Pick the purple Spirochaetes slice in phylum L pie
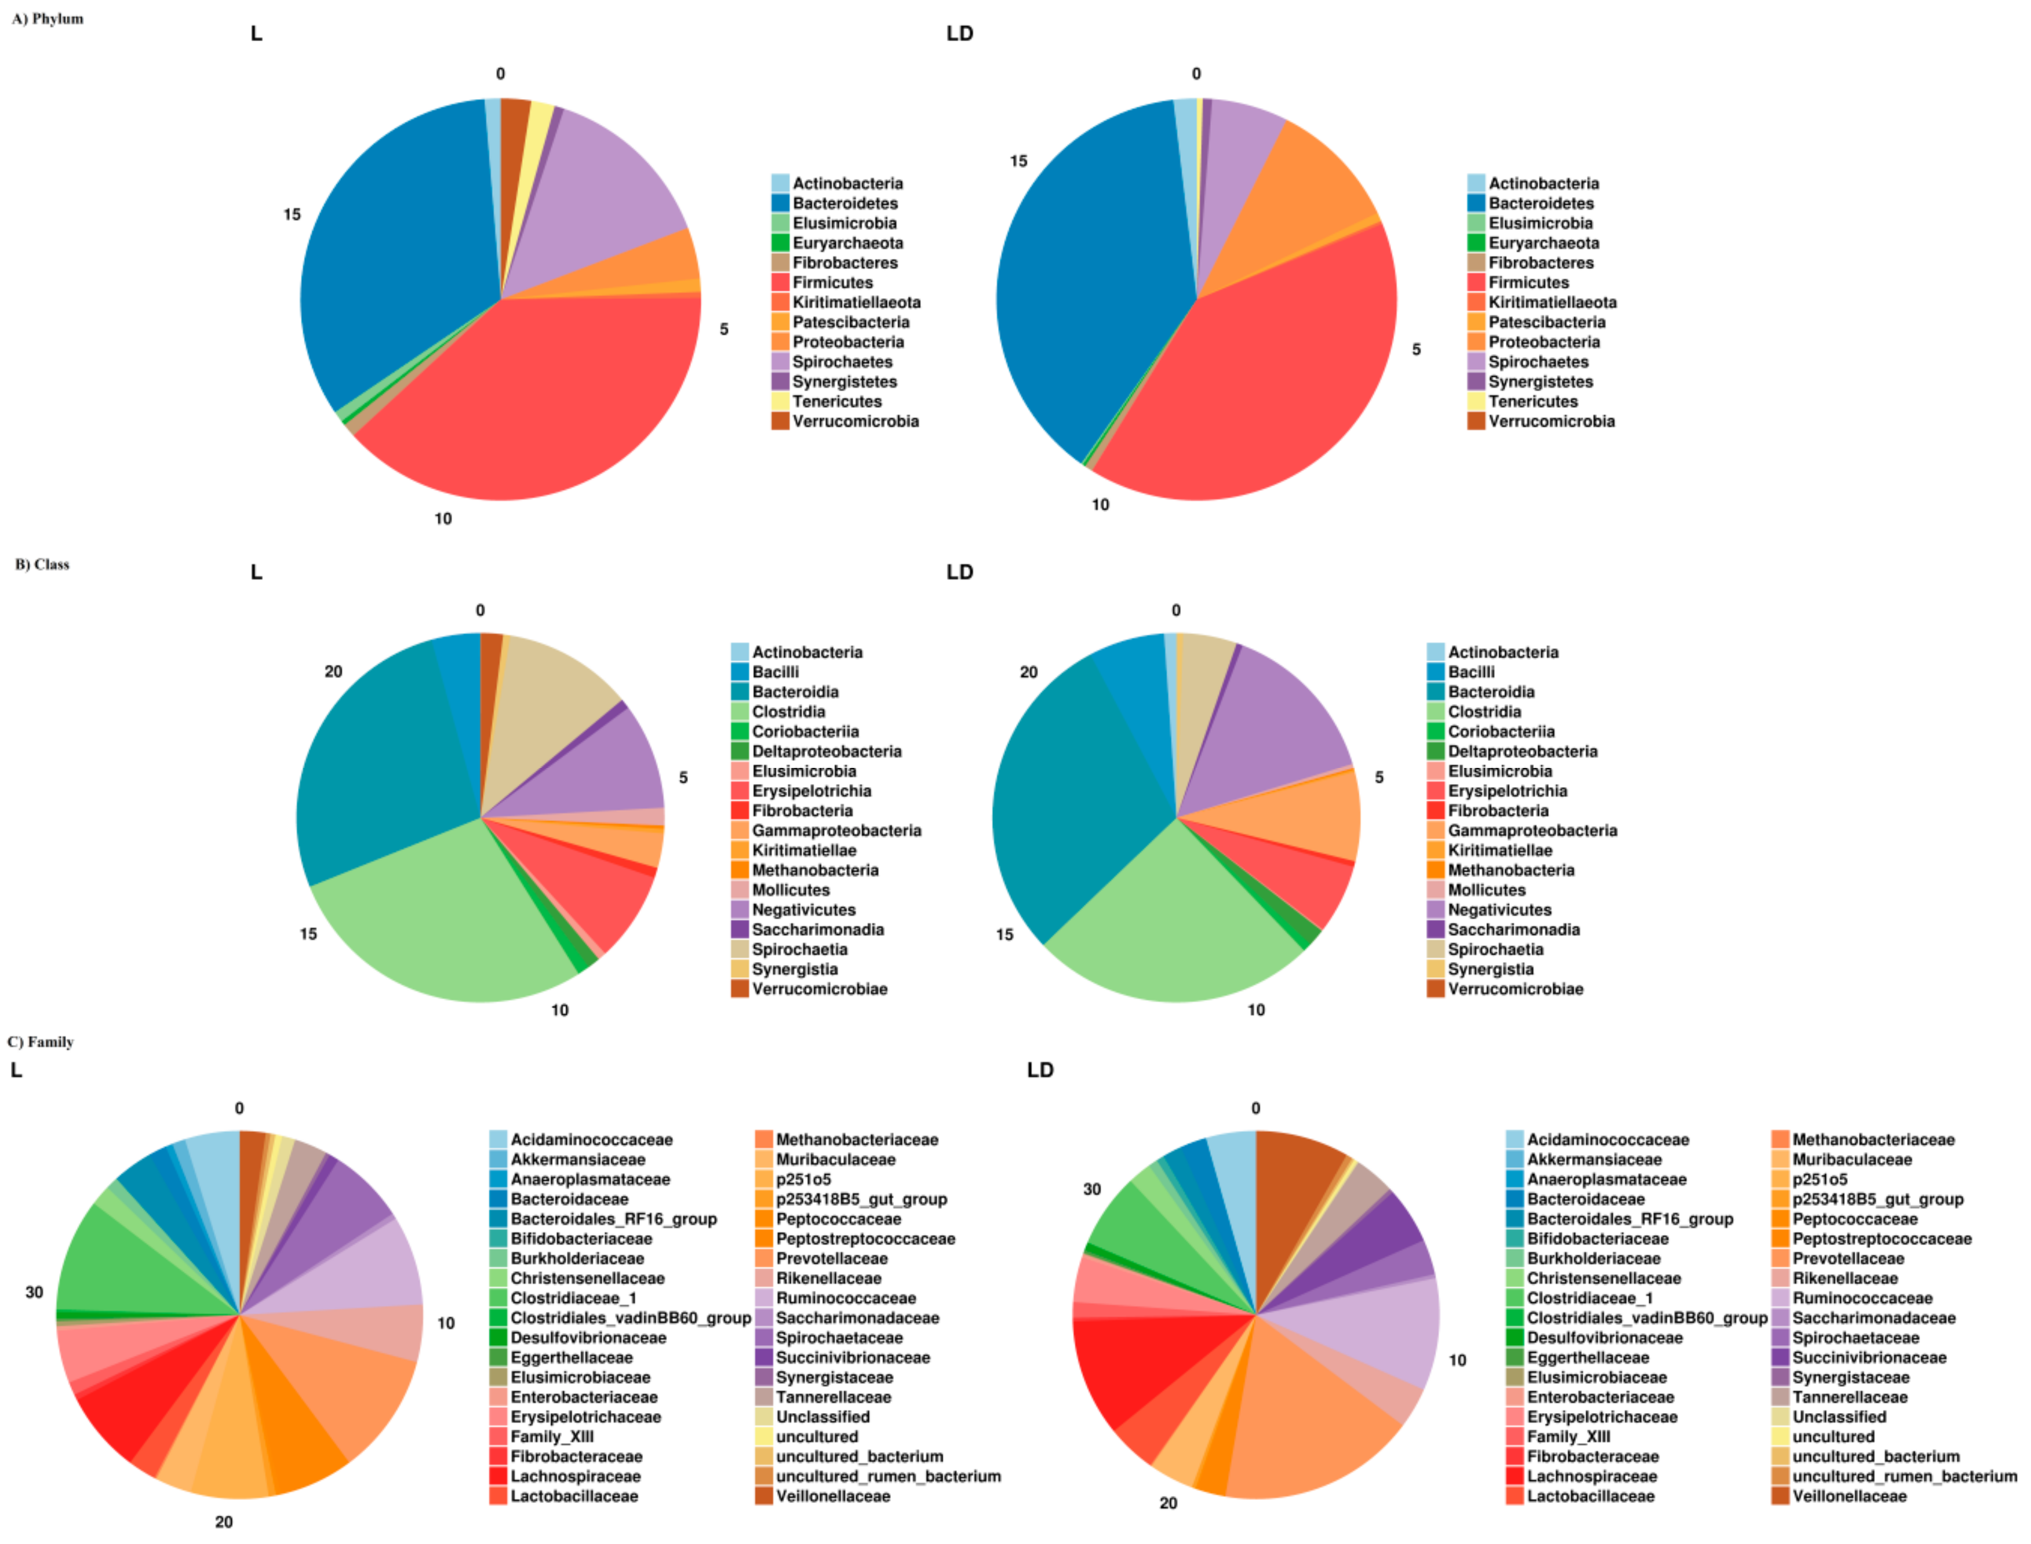pyautogui.click(x=598, y=184)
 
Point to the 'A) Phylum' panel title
pyautogui.click(x=48, y=19)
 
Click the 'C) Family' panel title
pyautogui.click(x=41, y=1042)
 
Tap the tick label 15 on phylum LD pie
pyautogui.click(x=1018, y=162)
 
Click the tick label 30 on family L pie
pyautogui.click(x=34, y=1292)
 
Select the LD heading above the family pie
pyautogui.click(x=1040, y=1070)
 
